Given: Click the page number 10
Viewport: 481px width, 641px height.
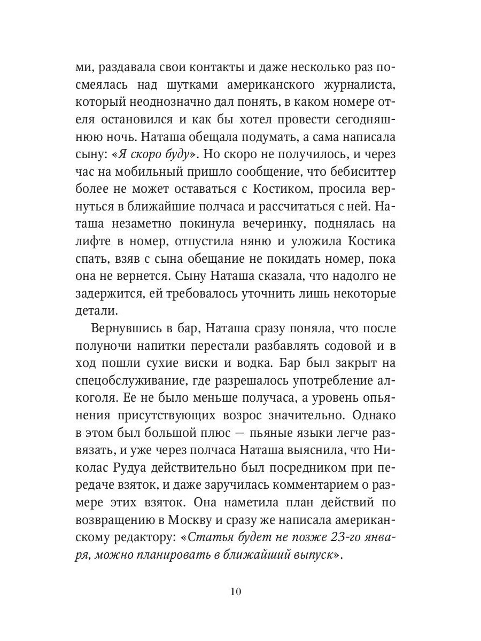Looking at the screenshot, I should (237, 591).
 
